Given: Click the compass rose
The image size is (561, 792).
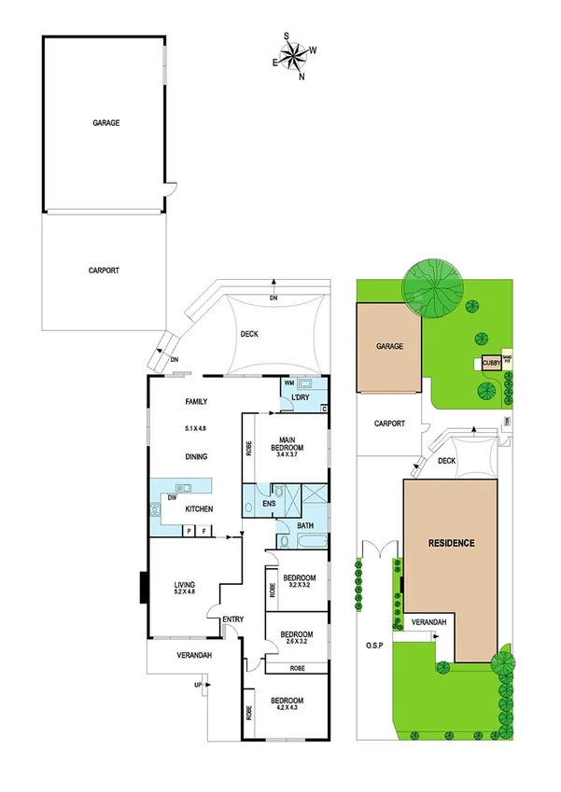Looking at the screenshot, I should (x=294, y=56).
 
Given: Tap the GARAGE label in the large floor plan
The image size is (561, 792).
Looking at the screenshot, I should (x=105, y=122).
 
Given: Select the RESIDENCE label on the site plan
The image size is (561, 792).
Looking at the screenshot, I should (x=452, y=543).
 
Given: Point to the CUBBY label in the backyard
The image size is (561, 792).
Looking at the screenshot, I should (x=490, y=365).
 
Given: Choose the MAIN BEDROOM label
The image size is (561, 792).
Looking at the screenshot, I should (x=287, y=444).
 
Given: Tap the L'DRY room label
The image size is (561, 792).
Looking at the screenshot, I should (x=302, y=399).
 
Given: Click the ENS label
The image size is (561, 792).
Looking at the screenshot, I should (x=268, y=505).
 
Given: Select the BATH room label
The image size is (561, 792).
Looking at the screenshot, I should (x=305, y=526).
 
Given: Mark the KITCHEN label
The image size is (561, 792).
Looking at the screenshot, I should (x=199, y=508).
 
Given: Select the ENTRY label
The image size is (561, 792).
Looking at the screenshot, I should (x=232, y=619).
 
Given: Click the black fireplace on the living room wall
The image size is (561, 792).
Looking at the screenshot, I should (x=143, y=588).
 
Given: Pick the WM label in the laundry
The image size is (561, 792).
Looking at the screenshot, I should (x=289, y=383).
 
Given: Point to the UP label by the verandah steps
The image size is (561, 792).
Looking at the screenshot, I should (x=197, y=686).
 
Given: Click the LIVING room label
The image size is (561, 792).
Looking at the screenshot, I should (x=184, y=583).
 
